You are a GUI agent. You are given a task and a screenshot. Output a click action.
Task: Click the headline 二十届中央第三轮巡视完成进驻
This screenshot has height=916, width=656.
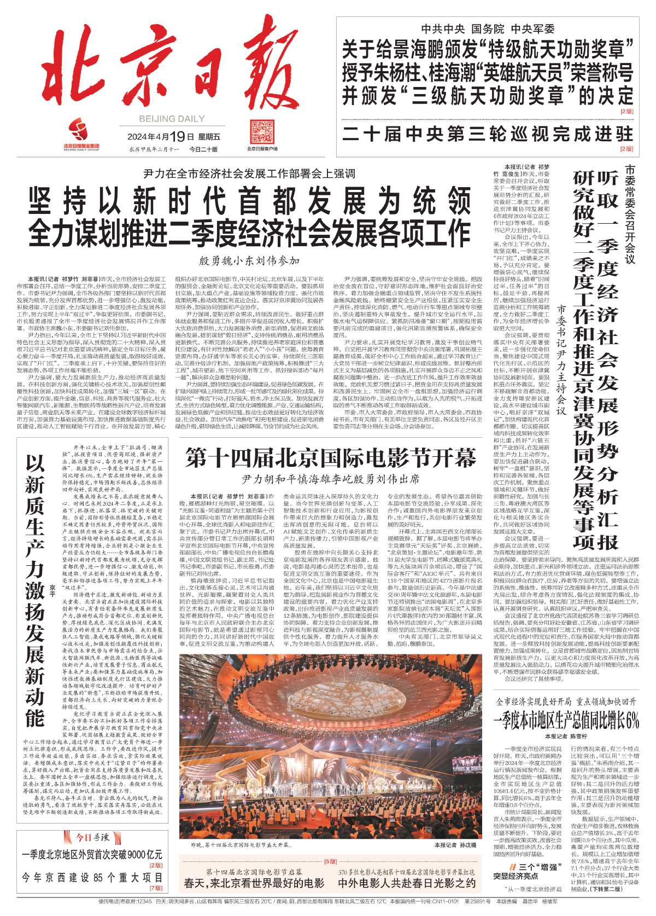pos(488,134)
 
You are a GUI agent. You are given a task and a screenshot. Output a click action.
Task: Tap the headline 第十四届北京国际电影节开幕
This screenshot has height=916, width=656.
pos(331,458)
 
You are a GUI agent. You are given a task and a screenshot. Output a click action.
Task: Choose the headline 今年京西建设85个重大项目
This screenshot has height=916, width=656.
pos(92,878)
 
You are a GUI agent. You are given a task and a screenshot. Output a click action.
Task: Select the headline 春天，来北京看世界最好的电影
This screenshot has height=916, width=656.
pos(254,883)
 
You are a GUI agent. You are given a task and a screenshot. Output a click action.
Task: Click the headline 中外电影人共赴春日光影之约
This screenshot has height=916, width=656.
pos(407,883)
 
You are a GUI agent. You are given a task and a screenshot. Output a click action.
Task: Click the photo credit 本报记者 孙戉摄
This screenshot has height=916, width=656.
pos(455,845)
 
